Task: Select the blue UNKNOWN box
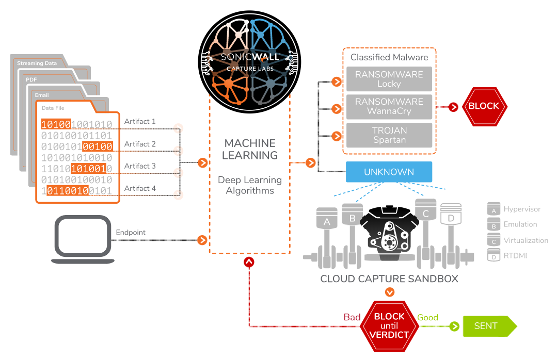[x=389, y=172]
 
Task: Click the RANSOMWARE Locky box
[x=389, y=79]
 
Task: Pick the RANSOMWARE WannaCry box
[x=389, y=106]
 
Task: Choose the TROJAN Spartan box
[x=389, y=135]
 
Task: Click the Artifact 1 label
[x=140, y=122]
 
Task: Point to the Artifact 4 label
[x=140, y=189]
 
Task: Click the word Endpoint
[x=131, y=233]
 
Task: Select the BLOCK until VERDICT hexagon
[x=389, y=325]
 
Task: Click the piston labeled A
[x=326, y=222]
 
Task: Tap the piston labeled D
[x=451, y=219]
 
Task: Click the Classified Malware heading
[x=389, y=57]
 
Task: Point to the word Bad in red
[x=352, y=317]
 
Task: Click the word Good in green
[x=427, y=318]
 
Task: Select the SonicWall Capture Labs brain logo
[x=249, y=62]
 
